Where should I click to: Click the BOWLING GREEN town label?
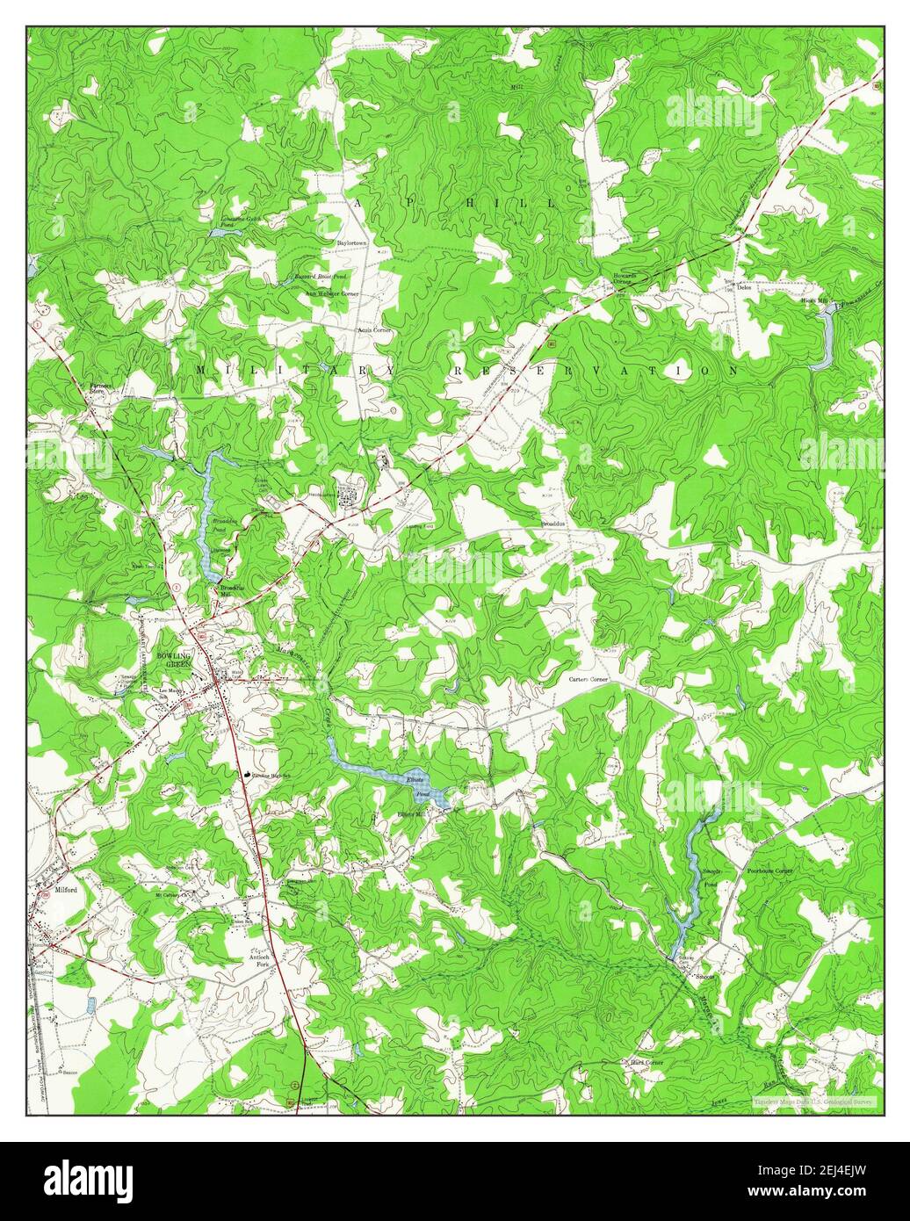[x=173, y=661]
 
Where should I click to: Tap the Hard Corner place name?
[x=647, y=1062]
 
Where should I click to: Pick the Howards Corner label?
[x=624, y=282]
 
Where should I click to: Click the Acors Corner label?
[x=373, y=329]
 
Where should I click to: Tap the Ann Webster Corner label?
[x=332, y=293]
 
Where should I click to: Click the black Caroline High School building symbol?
[x=247, y=774]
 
